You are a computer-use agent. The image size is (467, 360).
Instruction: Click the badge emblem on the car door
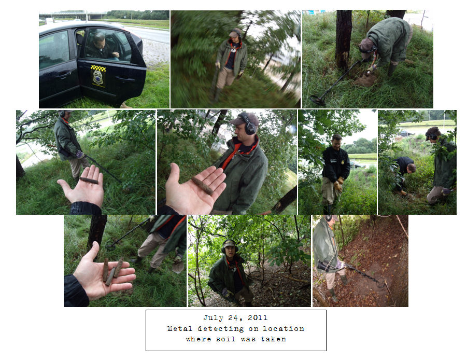point(98,77)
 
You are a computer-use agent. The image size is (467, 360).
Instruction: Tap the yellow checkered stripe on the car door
point(98,68)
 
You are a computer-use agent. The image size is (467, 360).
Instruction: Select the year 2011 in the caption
point(257,317)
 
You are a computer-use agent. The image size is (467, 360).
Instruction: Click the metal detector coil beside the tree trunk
point(318,100)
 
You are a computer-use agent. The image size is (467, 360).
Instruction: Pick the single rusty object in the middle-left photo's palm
point(89,180)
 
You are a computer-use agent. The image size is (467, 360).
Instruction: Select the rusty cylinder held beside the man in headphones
point(202,185)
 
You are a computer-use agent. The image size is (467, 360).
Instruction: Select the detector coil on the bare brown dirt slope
point(380,282)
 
